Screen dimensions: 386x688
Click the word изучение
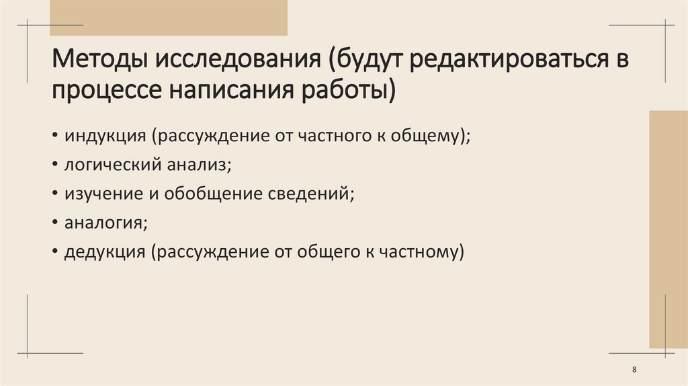click(x=101, y=193)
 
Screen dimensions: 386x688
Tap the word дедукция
click(x=105, y=252)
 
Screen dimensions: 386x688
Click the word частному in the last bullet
click(x=423, y=252)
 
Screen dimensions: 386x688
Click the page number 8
click(x=635, y=371)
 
